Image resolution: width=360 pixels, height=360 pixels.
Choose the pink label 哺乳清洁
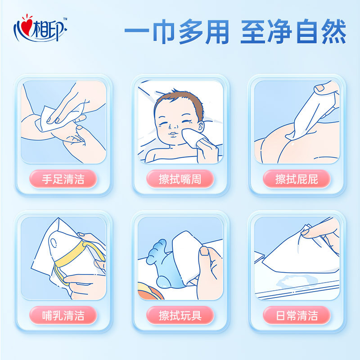pyautogui.click(x=63, y=315)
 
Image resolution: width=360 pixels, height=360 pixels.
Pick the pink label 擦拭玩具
pyautogui.click(x=180, y=315)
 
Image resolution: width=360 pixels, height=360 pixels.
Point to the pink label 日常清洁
pyautogui.click(x=297, y=315)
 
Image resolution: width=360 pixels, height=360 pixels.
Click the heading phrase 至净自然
pyautogui.click(x=293, y=32)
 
